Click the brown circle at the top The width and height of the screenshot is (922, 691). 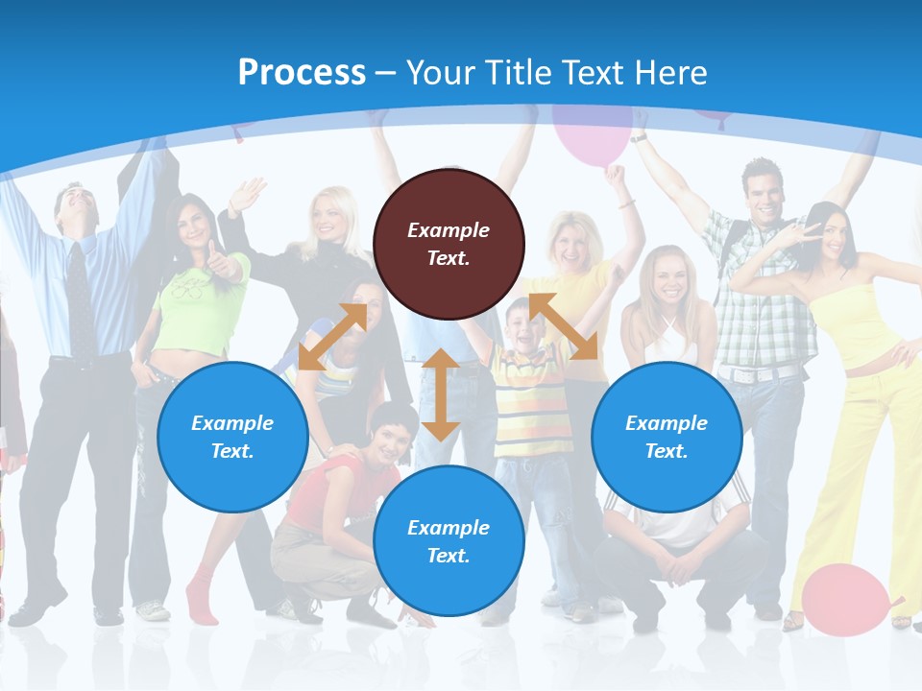click(449, 244)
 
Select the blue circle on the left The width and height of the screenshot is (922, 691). click(232, 437)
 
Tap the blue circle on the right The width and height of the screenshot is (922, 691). click(667, 437)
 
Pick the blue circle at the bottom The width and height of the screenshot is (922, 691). click(449, 541)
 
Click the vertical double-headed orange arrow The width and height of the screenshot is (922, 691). click(441, 394)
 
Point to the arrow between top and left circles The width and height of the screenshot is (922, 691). click(332, 337)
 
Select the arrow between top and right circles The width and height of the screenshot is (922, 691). click(564, 326)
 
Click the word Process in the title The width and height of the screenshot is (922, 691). click(302, 72)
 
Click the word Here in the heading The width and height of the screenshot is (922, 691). click(671, 72)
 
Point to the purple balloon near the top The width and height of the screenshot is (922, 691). click(592, 134)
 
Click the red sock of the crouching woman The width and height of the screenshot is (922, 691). click(201, 594)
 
